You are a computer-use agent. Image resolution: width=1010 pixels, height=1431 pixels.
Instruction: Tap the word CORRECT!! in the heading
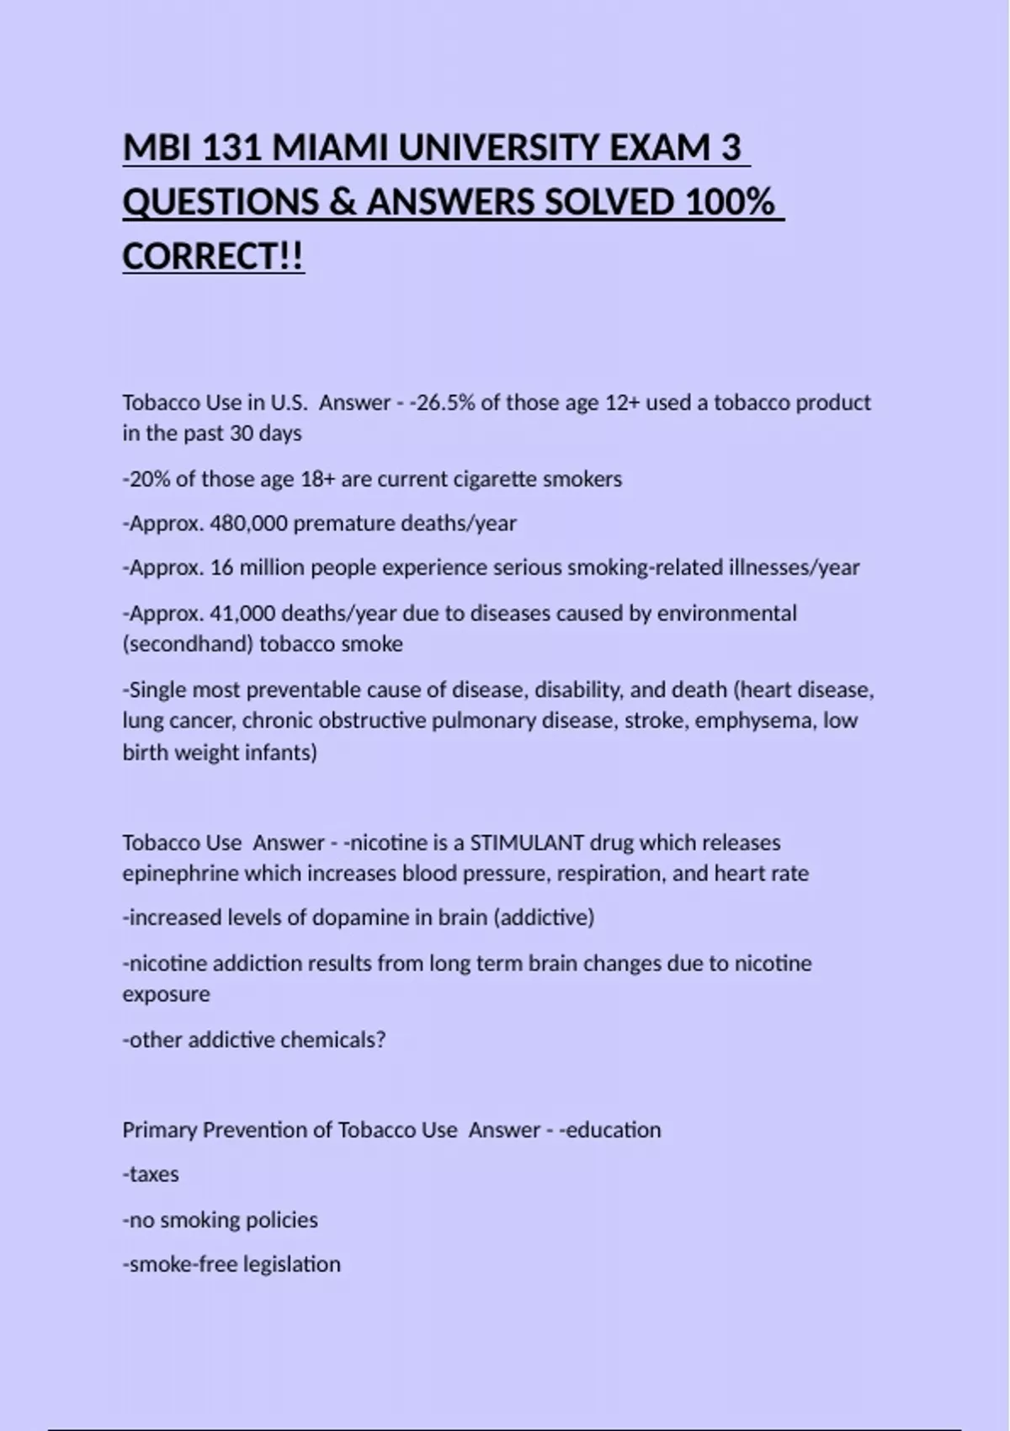point(213,256)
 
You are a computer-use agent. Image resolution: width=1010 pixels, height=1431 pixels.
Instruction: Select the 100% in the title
point(729,202)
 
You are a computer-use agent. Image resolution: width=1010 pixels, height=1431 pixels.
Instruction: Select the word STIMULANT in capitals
point(526,843)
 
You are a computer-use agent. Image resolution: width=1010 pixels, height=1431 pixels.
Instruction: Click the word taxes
point(153,1174)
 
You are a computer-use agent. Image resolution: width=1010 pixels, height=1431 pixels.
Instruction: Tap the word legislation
point(291,1264)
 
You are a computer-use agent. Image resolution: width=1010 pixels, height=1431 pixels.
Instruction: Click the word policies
point(282,1220)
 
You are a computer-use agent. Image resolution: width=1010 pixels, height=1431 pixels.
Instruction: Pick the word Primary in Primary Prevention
point(159,1130)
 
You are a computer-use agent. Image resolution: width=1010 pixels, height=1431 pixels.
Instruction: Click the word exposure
point(166,994)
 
